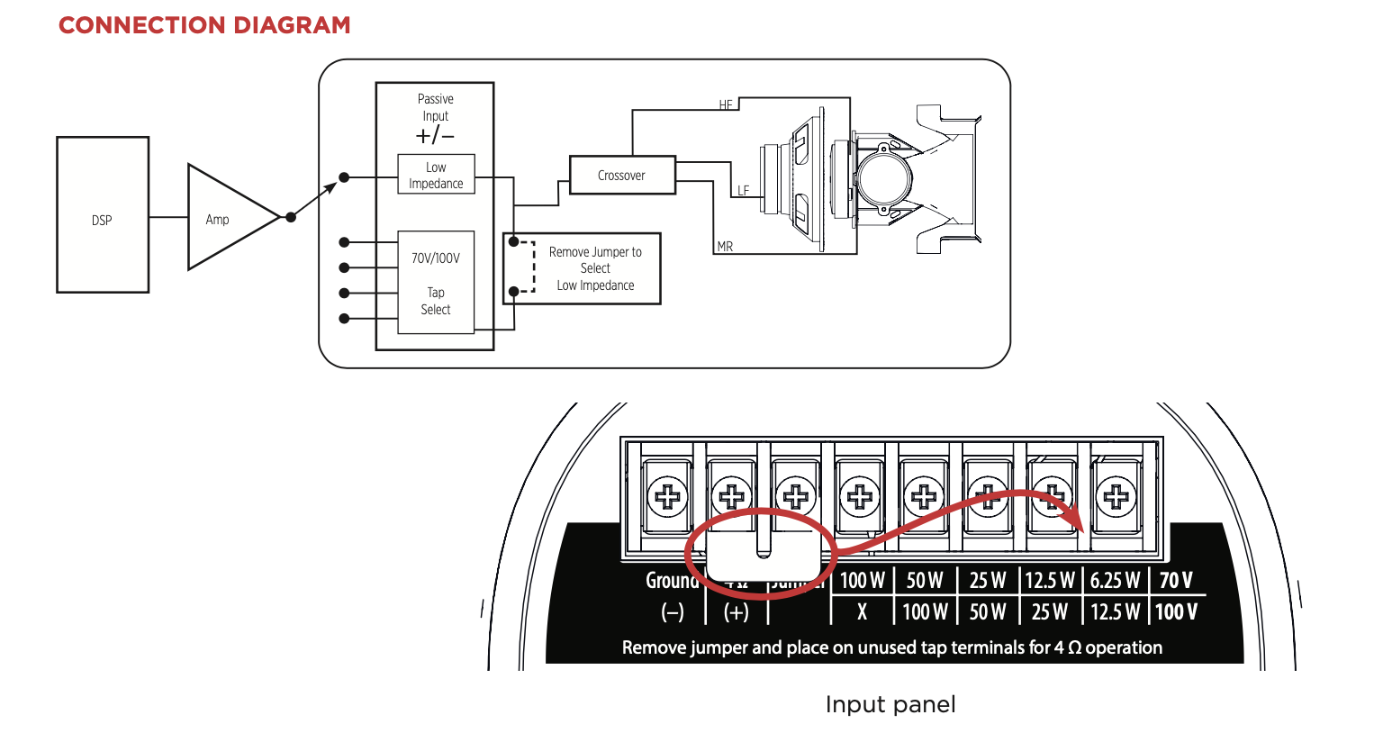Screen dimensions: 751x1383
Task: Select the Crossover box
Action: click(x=622, y=175)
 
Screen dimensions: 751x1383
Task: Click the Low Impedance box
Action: click(x=436, y=175)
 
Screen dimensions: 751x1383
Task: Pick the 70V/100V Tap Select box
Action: click(x=436, y=283)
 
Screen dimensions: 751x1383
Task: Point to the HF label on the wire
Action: click(x=727, y=105)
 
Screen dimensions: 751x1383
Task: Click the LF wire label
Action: click(x=743, y=191)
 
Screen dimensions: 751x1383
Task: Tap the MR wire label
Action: click(x=725, y=247)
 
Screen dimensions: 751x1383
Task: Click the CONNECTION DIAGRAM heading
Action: click(x=204, y=25)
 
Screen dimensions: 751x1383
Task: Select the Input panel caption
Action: click(x=890, y=704)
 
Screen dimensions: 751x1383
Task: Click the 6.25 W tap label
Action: click(x=1115, y=581)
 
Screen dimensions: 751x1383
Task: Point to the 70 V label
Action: click(x=1176, y=581)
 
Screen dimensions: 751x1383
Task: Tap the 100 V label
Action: click(x=1176, y=612)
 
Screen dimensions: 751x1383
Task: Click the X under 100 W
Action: click(x=862, y=612)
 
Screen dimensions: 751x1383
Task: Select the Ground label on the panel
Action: click(x=672, y=581)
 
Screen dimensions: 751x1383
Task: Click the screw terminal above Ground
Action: click(x=668, y=496)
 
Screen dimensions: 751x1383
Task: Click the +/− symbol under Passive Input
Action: click(x=436, y=136)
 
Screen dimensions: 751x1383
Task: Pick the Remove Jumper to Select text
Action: click(x=595, y=260)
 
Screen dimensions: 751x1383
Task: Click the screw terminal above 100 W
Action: click(x=860, y=496)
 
